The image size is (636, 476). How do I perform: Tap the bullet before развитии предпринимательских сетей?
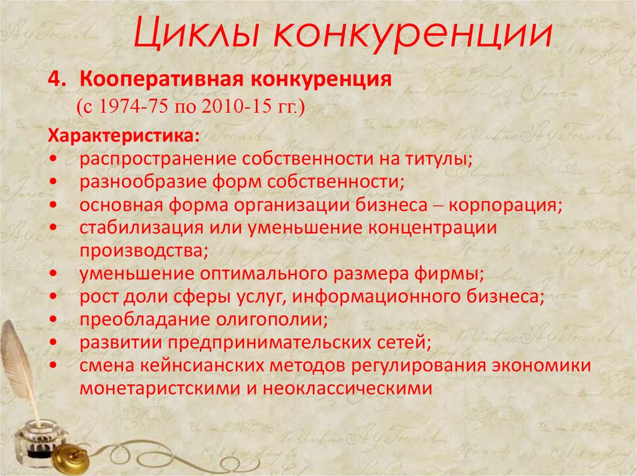pyautogui.click(x=57, y=342)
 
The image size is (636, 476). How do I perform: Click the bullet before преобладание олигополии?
pyautogui.click(x=57, y=319)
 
